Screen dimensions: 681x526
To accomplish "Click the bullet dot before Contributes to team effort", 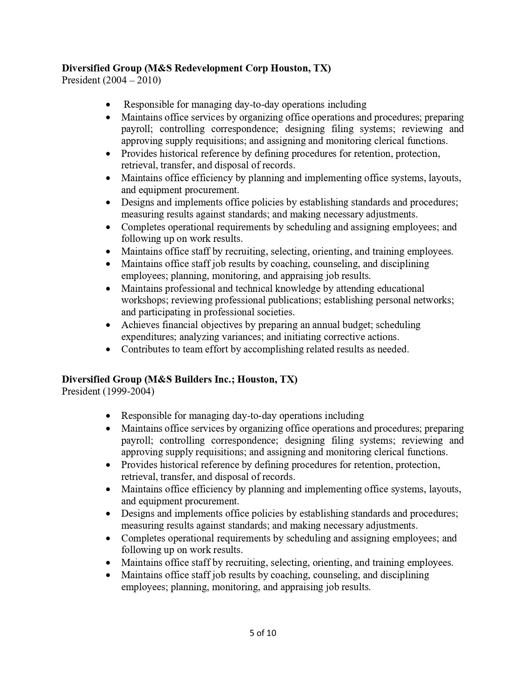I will [108, 350].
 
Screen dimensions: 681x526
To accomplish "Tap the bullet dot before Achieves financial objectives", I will [108, 325].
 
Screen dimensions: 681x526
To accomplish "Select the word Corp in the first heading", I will [256, 68].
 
